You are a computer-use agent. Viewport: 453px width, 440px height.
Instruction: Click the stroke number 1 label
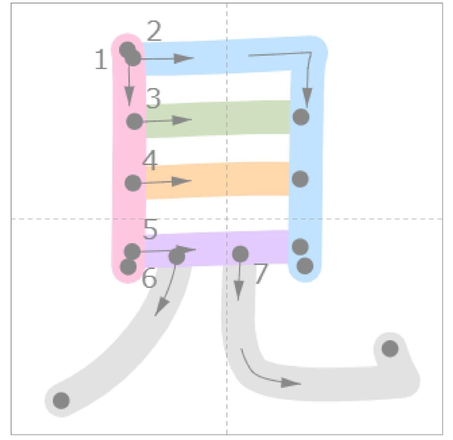tap(101, 59)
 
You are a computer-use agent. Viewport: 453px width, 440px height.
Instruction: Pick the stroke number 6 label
tap(149, 278)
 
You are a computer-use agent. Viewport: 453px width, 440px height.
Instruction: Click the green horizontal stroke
tap(218, 119)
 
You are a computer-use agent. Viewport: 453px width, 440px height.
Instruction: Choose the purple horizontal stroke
tap(216, 248)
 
